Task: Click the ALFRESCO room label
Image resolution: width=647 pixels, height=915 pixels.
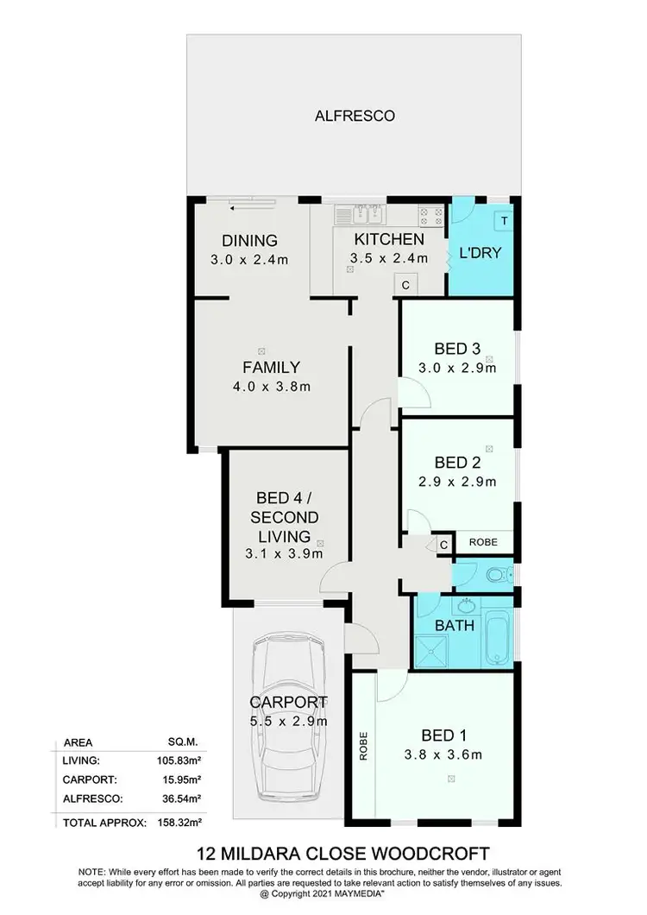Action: click(355, 115)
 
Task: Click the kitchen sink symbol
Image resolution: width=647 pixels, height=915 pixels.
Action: click(367, 213)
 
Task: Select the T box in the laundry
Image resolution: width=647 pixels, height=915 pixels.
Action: click(503, 220)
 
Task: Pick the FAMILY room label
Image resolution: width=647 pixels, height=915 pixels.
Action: click(271, 367)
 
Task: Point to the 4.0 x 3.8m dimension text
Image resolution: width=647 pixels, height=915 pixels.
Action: click(271, 387)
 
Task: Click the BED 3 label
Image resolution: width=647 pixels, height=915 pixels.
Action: click(457, 349)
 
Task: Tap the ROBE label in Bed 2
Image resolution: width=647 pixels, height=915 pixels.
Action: click(483, 543)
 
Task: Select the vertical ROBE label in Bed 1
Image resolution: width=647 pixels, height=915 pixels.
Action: click(364, 745)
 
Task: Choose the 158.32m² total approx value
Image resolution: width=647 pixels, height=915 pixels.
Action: click(177, 823)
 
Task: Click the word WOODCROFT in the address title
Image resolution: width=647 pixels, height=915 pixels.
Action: click(417, 855)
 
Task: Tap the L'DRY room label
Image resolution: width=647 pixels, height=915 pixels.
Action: click(481, 254)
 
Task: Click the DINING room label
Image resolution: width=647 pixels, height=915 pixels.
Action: click(249, 241)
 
